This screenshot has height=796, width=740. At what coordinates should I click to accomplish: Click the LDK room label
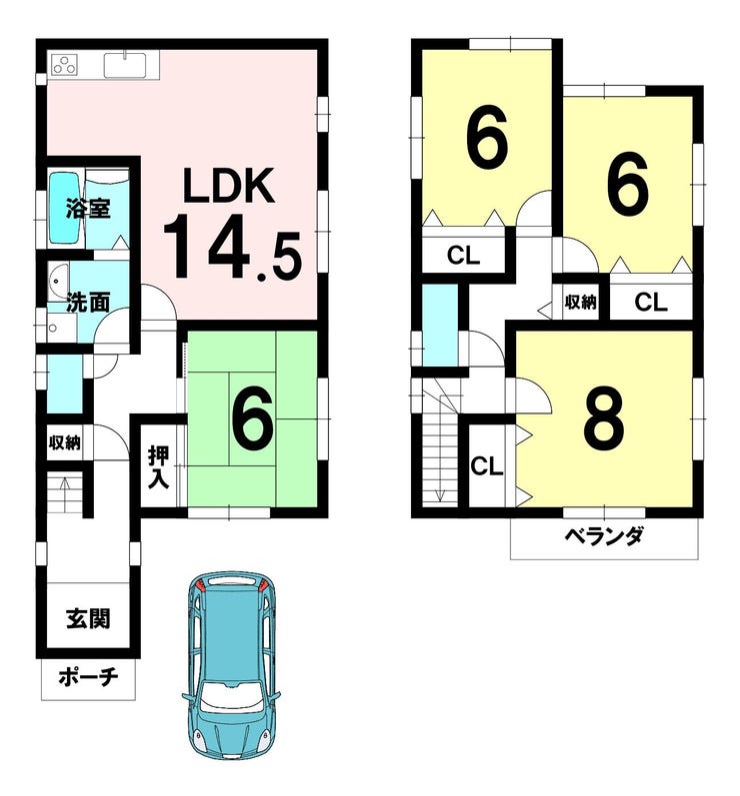pos(229,186)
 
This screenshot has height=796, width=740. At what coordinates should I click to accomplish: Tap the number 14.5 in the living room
pos(232,247)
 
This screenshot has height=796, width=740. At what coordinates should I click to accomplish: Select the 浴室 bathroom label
pos(88,208)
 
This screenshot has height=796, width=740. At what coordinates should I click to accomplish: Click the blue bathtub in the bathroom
pos(64,207)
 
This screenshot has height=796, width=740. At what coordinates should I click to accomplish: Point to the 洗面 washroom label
pos(88,303)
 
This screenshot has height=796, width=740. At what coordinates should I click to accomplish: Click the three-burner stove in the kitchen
pos(65,64)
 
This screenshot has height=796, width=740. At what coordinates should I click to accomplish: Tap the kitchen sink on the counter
pos(125,65)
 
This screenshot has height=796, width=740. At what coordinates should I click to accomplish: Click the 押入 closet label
pos(158,467)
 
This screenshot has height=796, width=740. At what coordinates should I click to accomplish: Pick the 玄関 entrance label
pos(88,618)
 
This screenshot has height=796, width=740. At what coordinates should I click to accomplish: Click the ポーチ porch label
pos(88,676)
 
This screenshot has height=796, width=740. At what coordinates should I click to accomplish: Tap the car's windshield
pos(232,696)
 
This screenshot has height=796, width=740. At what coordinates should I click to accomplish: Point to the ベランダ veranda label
pos(604,536)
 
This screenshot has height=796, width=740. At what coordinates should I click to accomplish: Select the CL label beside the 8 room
pos(486,466)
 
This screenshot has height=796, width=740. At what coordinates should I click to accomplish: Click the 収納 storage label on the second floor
pos(581,303)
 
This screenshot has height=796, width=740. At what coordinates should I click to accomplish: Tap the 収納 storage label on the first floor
pos(64,442)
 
